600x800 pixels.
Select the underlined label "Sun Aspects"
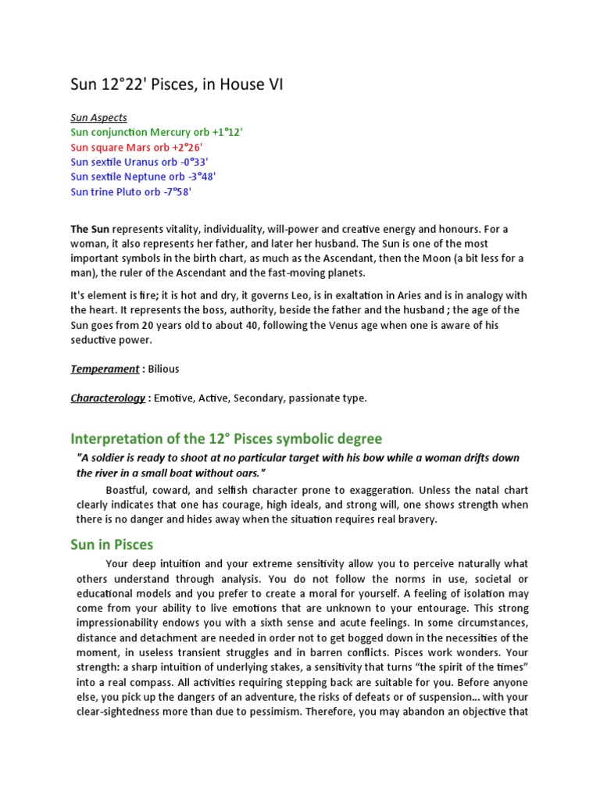[x=98, y=118]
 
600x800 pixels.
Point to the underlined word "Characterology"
[x=108, y=398]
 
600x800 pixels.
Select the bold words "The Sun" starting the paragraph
[x=90, y=230]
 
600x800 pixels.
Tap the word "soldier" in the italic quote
[x=117, y=458]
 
